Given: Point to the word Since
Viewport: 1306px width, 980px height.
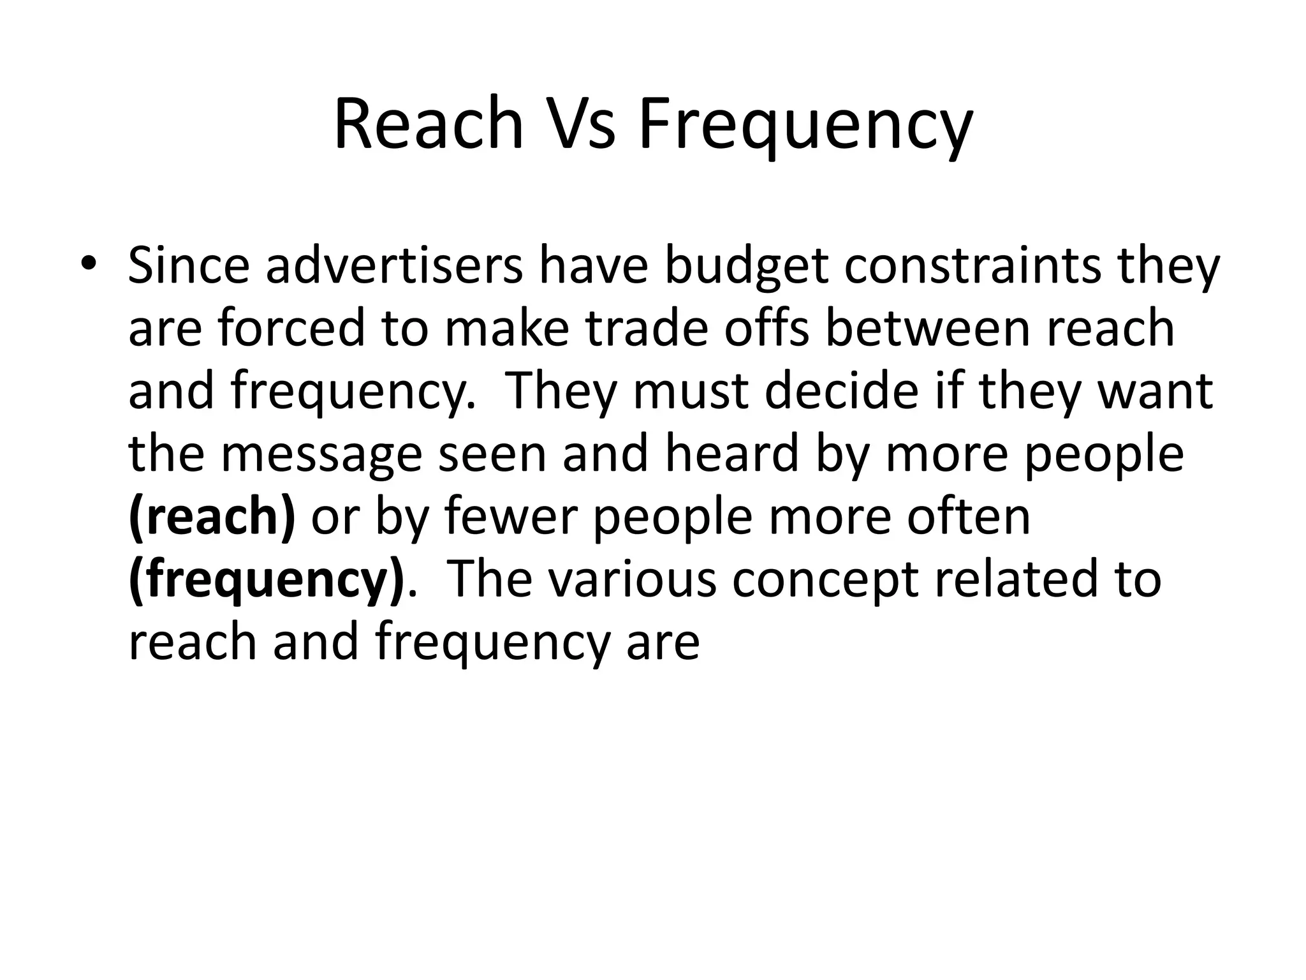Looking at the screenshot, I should pos(189,265).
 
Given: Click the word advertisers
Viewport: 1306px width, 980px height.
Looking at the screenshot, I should pos(394,265).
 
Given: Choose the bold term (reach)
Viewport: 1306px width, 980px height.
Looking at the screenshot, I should pos(212,517).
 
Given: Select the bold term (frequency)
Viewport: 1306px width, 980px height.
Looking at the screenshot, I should pos(267,579).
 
